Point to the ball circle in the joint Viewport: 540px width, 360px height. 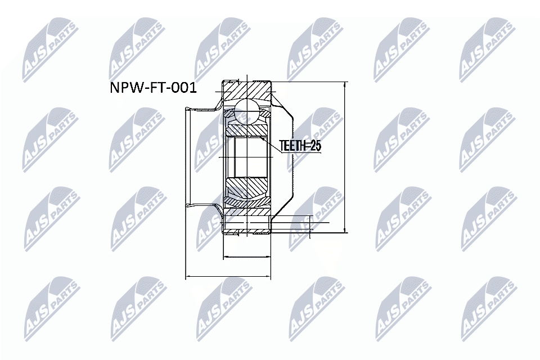247,110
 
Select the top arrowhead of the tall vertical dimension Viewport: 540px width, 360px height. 344,85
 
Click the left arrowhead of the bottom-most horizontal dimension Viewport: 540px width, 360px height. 188,277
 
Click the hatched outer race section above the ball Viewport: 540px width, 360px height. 247,90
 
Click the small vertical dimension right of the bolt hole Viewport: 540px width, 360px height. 309,223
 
